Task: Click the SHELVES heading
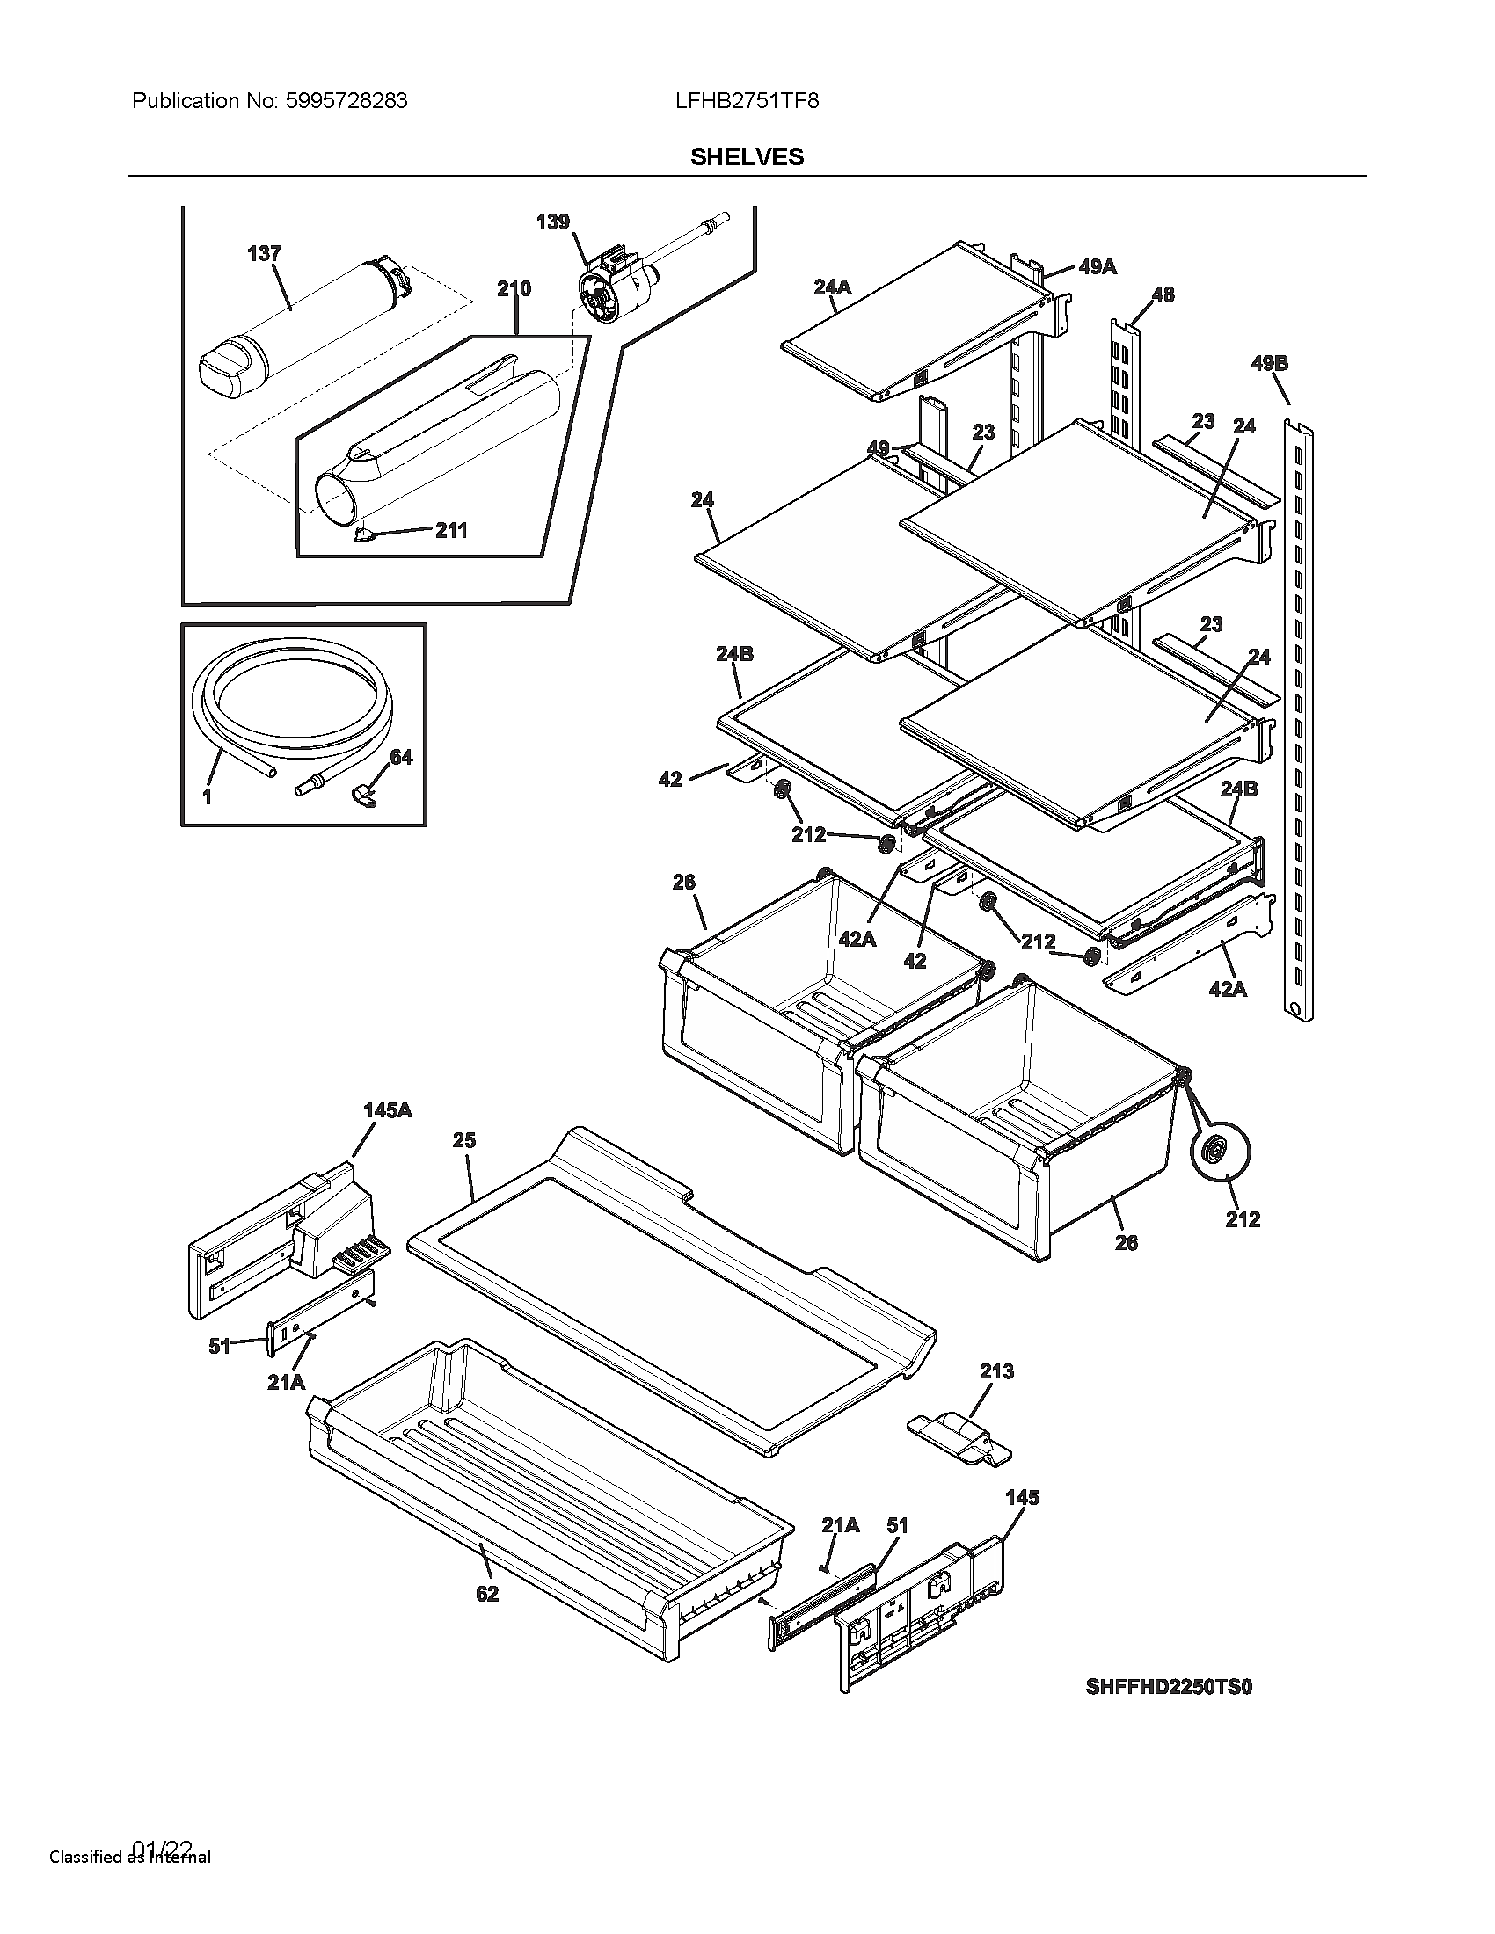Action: coord(747,156)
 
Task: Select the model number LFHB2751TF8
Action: coord(747,101)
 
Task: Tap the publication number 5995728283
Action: coord(346,101)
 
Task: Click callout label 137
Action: coord(264,254)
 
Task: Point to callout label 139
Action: coord(552,222)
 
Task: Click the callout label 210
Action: coord(514,288)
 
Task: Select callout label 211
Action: coord(451,530)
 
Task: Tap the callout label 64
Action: coord(401,757)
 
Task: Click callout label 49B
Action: coord(1269,363)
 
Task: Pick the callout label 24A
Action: coord(832,287)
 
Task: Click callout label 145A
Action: coord(387,1110)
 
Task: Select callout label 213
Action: coord(996,1371)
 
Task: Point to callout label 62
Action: coord(487,1594)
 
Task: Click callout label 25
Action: coord(464,1140)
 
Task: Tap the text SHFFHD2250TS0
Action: coord(1168,1687)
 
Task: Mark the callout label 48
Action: coord(1163,294)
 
